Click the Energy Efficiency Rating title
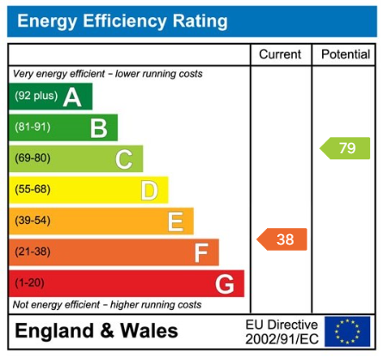(122, 21)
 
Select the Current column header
(280, 54)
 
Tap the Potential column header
(345, 54)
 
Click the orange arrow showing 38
(282, 239)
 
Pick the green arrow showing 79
(345, 148)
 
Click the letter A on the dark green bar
(72, 97)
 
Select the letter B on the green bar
(98, 128)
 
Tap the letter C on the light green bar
(123, 159)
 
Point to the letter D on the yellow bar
(149, 190)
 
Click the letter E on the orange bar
(175, 221)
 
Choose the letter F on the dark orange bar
(201, 252)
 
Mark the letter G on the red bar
(225, 283)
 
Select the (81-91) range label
(32, 128)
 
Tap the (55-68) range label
(32, 189)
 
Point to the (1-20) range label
(28, 282)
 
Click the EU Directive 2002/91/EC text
(282, 332)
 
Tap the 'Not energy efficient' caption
(108, 305)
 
